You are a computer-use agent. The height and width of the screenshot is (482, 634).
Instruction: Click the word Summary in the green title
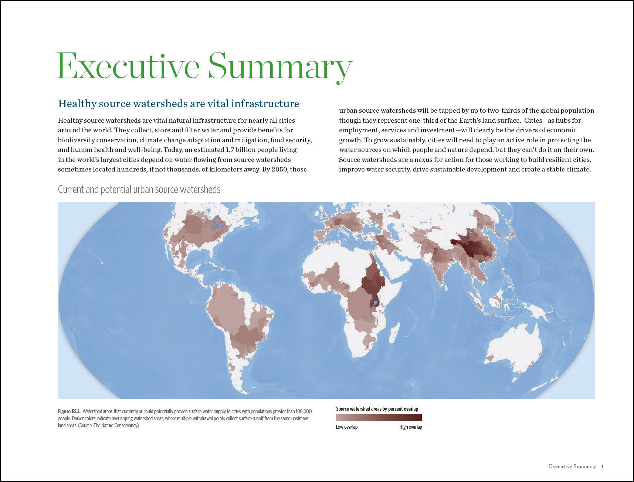(279, 67)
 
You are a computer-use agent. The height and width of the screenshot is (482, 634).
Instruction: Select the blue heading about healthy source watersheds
(179, 103)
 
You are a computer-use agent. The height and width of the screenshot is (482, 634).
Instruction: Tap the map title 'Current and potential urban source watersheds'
(139, 190)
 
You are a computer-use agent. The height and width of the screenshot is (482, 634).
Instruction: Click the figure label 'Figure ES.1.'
(69, 411)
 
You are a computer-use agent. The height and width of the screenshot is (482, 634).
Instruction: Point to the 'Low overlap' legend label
(346, 427)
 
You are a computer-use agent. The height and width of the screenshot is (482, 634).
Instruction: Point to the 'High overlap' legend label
(410, 427)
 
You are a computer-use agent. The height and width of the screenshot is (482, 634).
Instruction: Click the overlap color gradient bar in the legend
(379, 417)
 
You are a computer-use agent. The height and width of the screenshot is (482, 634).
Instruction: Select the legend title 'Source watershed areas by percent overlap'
(377, 409)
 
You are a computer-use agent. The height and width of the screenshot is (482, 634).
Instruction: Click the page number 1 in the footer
(602, 466)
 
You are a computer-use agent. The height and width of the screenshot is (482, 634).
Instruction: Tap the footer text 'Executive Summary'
(572, 466)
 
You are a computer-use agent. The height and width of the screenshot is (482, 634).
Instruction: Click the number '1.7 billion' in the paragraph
(243, 150)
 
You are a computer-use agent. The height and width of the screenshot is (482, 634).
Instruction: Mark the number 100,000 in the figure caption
(304, 411)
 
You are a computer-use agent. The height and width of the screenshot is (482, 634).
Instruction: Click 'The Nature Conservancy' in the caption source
(115, 425)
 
